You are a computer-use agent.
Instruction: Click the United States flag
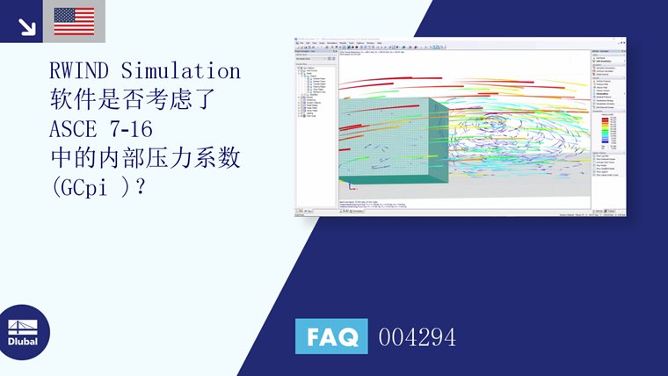coord(74,21)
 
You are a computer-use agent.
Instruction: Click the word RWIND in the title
coord(82,70)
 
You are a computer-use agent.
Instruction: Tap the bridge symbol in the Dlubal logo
coord(23,322)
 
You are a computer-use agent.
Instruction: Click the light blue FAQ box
coord(331,336)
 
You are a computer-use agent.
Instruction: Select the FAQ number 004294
coord(417,336)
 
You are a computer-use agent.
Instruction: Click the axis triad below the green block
coord(352,186)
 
